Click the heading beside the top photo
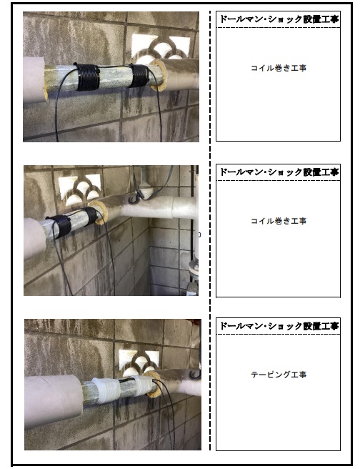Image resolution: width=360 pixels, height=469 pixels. tap(279, 19)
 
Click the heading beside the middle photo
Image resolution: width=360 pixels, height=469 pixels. tap(279, 172)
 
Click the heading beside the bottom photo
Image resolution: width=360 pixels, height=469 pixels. tap(279, 326)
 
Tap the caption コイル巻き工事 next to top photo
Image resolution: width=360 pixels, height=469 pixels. tap(279, 68)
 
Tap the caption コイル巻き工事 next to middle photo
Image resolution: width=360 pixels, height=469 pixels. tap(279, 221)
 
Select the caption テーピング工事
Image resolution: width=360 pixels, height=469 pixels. tap(279, 375)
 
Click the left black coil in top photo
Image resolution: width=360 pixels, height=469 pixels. tap(86, 77)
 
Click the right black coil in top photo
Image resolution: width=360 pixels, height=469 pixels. tap(139, 75)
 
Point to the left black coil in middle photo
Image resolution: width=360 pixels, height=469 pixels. tap(61, 226)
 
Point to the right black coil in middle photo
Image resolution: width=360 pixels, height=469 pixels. tap(91, 217)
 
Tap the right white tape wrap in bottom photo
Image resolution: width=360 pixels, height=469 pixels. tap(143, 385)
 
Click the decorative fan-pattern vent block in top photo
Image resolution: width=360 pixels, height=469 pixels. tap(161, 47)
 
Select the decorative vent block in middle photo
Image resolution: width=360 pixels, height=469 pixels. tap(80, 189)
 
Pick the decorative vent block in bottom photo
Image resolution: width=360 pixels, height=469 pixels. tap(139, 363)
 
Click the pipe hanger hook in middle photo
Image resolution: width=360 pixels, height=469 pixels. tap(134, 198)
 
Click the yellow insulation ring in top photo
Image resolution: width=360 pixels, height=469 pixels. tap(159, 75)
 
